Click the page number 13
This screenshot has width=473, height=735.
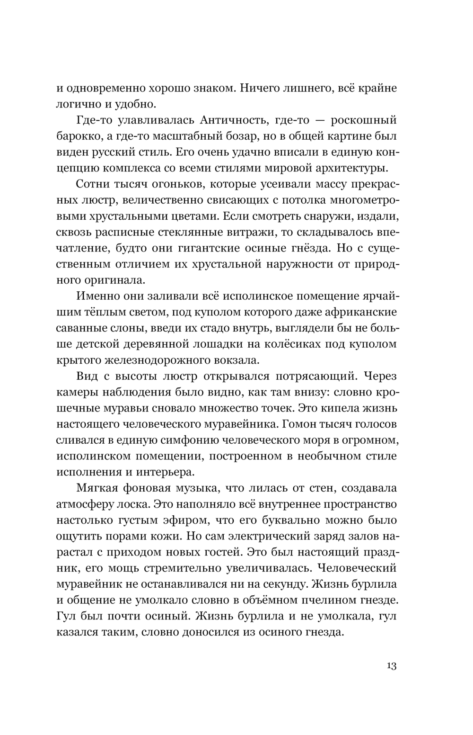(391, 666)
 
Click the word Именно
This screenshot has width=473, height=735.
(99, 296)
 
